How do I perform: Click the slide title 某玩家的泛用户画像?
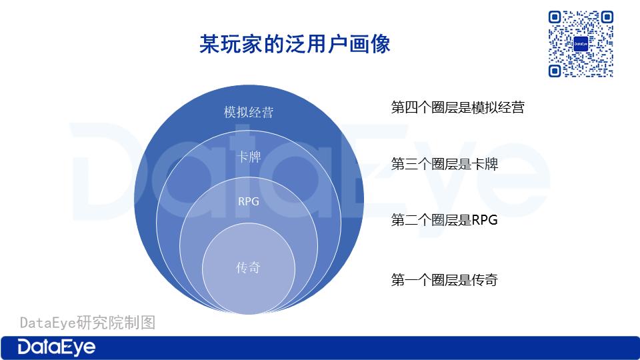click(295, 44)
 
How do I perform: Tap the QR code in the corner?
click(581, 44)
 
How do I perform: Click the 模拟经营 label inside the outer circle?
click(249, 112)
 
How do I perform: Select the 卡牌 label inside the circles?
click(249, 157)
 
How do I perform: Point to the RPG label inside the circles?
click(249, 201)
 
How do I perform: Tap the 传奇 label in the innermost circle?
click(248, 267)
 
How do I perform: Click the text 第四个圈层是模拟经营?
click(457, 107)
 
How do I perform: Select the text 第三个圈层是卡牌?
click(445, 164)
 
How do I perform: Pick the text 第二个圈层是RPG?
click(445, 220)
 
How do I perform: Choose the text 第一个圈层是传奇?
click(445, 280)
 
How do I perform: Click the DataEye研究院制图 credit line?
click(88, 323)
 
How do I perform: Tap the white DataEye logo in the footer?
click(56, 347)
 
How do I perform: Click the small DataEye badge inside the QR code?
click(581, 44)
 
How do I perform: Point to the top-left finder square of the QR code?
click(554, 17)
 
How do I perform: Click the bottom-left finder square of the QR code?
click(554, 71)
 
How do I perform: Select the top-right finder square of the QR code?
click(607, 17)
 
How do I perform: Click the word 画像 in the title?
click(370, 44)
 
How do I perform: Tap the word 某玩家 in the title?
click(231, 44)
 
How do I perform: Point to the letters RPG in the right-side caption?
click(485, 220)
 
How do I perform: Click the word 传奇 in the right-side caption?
click(485, 280)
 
